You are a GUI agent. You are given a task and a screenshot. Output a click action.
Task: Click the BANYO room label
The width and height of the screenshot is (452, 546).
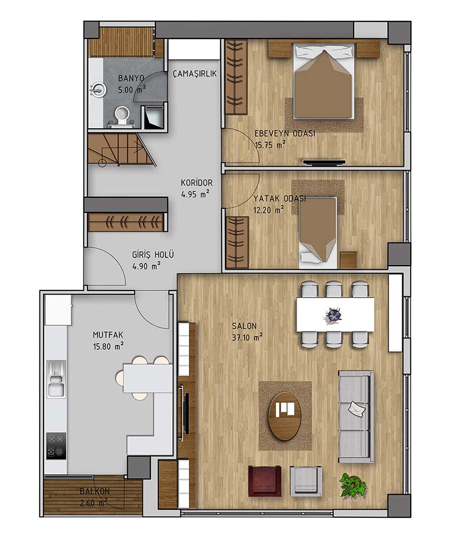(131, 78)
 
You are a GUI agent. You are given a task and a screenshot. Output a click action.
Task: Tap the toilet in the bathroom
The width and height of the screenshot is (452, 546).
(122, 116)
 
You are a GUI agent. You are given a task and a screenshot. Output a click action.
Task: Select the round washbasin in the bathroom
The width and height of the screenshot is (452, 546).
(98, 89)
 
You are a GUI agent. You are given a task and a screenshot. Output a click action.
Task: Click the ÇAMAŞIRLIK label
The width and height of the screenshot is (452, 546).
(195, 73)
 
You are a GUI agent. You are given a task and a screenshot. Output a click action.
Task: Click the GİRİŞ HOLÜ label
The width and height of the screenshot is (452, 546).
(153, 254)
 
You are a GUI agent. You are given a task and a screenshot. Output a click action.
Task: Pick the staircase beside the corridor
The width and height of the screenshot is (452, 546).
(121, 150)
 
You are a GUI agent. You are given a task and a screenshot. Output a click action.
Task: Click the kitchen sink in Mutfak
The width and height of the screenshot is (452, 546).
(56, 379)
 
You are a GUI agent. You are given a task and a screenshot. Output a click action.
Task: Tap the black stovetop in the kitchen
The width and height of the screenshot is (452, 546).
(56, 446)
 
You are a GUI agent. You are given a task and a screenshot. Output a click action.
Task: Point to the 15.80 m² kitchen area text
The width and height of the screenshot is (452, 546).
(108, 346)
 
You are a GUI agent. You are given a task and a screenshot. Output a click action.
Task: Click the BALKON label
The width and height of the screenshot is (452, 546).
(95, 491)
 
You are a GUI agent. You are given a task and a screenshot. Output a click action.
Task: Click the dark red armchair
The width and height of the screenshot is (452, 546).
(264, 480)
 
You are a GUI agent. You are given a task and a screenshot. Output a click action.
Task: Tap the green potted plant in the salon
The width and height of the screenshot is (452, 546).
(353, 484)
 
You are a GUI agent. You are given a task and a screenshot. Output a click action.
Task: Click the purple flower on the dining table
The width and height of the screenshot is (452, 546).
(333, 315)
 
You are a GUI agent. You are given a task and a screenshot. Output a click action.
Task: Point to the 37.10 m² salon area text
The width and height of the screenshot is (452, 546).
(247, 337)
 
